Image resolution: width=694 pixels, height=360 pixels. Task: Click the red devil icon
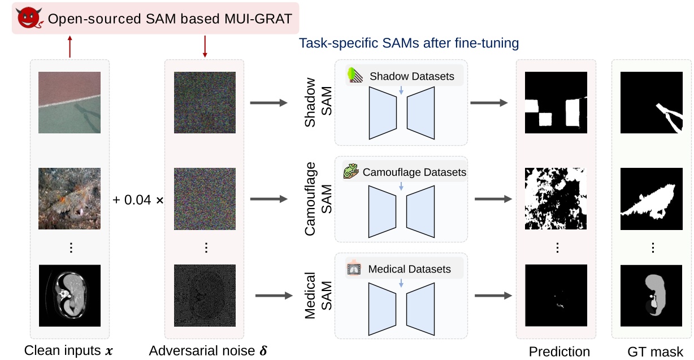click(28, 19)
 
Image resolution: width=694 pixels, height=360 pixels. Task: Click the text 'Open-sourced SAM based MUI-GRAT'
click(170, 19)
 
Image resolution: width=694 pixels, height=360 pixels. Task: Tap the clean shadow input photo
click(69, 102)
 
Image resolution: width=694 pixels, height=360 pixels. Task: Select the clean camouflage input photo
click(69, 198)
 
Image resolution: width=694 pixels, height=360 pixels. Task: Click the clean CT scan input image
click(69, 295)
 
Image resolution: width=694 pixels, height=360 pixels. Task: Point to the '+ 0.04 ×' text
click(138, 201)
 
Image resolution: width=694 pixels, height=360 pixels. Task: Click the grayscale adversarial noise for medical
click(204, 295)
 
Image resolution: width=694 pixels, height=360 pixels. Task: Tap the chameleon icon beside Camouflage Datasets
click(351, 172)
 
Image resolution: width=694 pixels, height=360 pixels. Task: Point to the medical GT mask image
click(652, 295)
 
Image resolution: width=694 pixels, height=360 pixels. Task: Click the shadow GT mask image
click(652, 102)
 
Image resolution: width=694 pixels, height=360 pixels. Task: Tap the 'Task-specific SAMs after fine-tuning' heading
click(409, 43)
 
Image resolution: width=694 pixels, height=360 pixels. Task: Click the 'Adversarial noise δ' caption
click(209, 350)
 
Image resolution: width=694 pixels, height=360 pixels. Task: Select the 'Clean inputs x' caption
click(68, 350)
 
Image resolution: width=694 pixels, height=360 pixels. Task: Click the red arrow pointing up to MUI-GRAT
click(70, 46)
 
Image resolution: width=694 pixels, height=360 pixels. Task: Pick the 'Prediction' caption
click(559, 352)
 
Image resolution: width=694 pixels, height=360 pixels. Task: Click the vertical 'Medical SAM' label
click(318, 295)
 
